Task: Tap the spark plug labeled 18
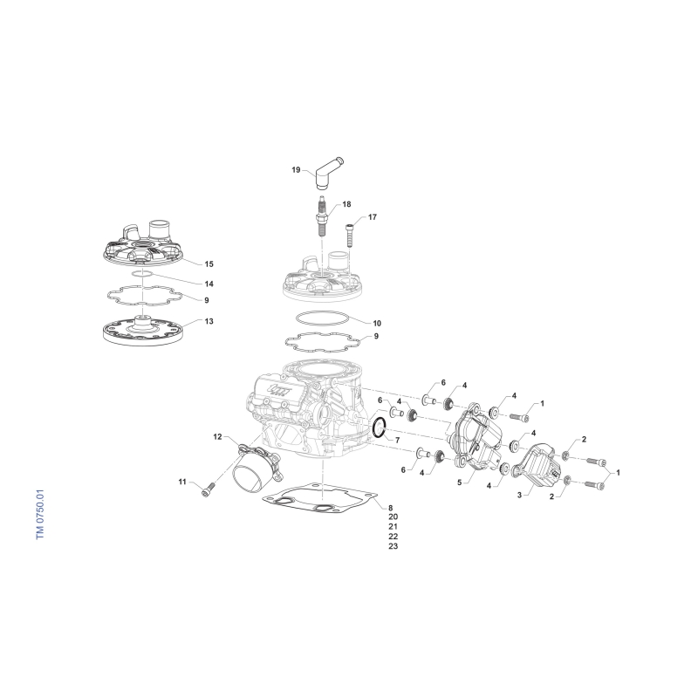(x=321, y=217)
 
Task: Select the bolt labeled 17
(x=349, y=235)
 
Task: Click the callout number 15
(x=209, y=264)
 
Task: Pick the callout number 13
(x=209, y=321)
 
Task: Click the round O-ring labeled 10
(x=322, y=318)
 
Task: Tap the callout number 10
(x=377, y=323)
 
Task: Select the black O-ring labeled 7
(x=378, y=428)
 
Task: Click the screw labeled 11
(x=208, y=490)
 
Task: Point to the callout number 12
(x=217, y=437)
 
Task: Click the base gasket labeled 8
(x=320, y=498)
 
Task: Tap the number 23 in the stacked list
(x=393, y=546)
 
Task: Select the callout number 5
(x=460, y=482)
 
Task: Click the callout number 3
(x=519, y=495)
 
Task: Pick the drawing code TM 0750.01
(x=40, y=516)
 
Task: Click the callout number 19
(x=296, y=169)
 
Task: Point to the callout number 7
(x=397, y=440)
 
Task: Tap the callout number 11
(x=182, y=482)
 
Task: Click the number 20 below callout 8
(x=393, y=517)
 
